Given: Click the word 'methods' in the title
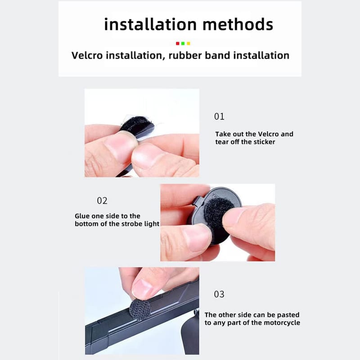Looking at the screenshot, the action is tap(238, 24).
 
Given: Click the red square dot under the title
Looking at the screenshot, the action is tap(177, 43).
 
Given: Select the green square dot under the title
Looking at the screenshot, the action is tap(183, 43).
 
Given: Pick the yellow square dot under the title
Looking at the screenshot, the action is tap(188, 43).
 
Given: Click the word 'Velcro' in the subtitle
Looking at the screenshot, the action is tap(87, 55).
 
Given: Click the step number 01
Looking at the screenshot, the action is tap(219, 117).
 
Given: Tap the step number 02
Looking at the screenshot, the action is tap(102, 201).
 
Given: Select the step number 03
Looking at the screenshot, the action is tap(219, 294).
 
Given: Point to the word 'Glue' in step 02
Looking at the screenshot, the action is tap(82, 216).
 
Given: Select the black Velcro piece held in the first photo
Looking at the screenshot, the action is tap(138, 126).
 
